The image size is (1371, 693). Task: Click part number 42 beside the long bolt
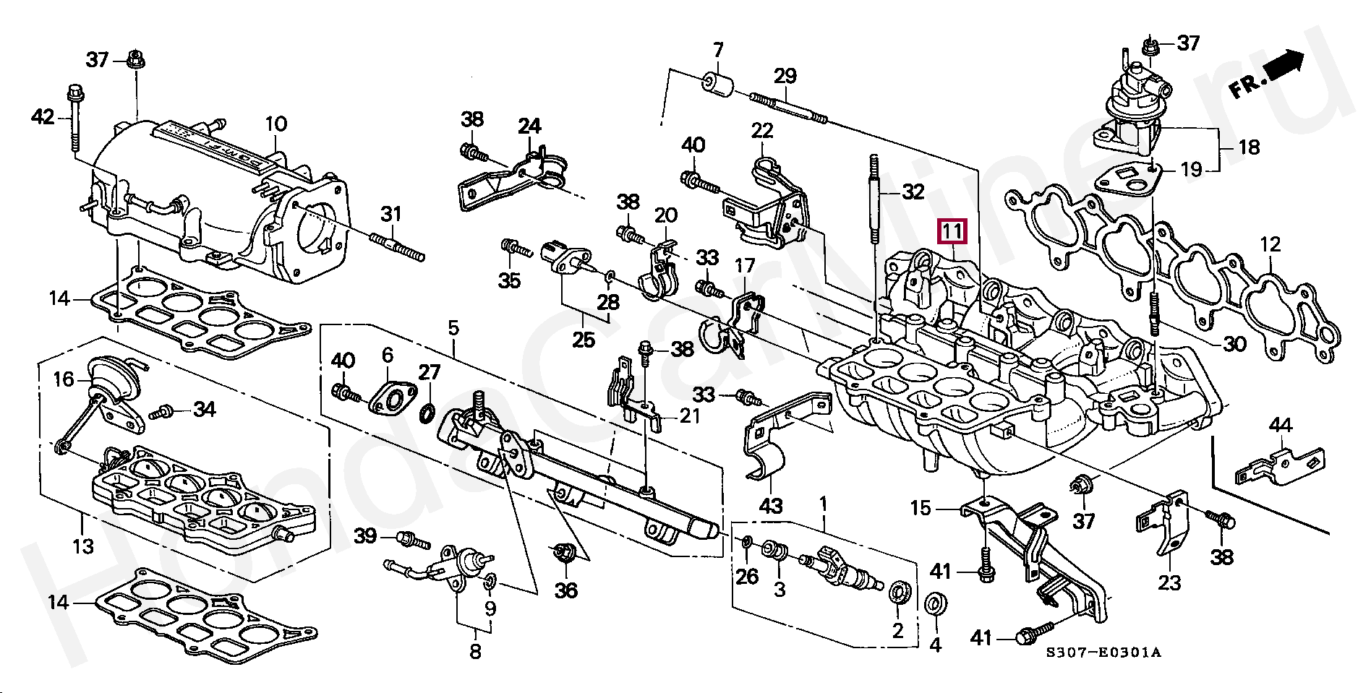(43, 116)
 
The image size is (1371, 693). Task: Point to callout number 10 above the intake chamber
(276, 124)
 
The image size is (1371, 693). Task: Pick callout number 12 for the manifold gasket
(1270, 244)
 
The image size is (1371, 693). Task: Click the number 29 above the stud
(785, 75)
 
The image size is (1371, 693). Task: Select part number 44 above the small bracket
(1280, 426)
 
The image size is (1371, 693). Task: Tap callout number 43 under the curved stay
(771, 506)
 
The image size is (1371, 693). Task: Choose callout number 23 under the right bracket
(1170, 582)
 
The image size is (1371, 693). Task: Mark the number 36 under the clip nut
(566, 590)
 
